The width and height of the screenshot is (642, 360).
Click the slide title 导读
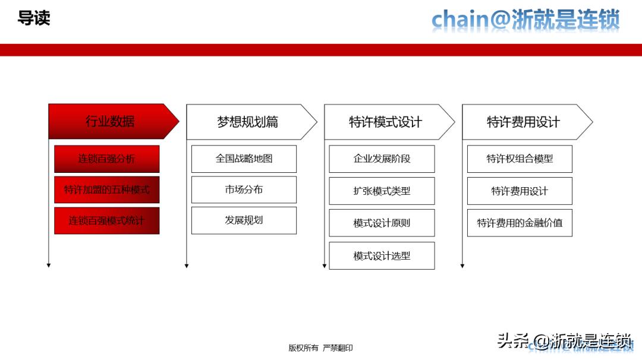(x=34, y=18)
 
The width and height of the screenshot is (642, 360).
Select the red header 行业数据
(x=111, y=122)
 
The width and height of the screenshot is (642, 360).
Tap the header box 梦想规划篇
(x=248, y=122)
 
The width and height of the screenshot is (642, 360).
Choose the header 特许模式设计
(x=386, y=122)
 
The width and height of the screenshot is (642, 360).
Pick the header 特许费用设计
(x=524, y=122)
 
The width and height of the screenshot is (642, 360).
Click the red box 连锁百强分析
(x=107, y=159)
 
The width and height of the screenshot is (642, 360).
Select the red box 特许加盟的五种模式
(x=107, y=190)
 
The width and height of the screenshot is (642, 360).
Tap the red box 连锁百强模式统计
(x=107, y=221)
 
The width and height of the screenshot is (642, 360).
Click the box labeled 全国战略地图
(x=244, y=159)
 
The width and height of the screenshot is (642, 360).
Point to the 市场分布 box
(x=244, y=190)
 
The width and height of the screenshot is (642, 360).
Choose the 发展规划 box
(x=244, y=220)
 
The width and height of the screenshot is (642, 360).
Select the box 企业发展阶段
(x=382, y=159)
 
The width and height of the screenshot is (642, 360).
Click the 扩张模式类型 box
(x=382, y=191)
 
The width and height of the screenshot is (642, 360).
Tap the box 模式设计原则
(x=382, y=223)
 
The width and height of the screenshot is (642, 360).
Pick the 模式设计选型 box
(x=382, y=255)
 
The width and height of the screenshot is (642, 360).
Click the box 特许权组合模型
(x=520, y=159)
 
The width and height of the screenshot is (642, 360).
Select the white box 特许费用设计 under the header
(x=520, y=191)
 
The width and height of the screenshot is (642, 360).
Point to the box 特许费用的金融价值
(x=520, y=223)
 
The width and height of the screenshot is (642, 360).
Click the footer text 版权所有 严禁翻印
(x=320, y=348)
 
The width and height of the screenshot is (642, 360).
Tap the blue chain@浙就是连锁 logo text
(x=525, y=20)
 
